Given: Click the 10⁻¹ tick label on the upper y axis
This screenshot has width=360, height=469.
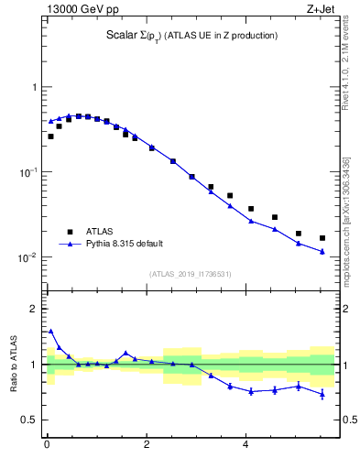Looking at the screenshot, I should click(28, 171).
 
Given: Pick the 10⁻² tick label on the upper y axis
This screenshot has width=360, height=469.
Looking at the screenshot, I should click(28, 256).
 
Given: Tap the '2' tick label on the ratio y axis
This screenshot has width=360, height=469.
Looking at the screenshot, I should click(33, 309).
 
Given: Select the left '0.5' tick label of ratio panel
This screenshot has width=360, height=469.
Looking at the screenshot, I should click(28, 420).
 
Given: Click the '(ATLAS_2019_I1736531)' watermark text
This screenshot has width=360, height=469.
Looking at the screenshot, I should click(191, 274).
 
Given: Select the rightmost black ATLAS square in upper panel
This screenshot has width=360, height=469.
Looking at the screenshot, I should click(322, 238).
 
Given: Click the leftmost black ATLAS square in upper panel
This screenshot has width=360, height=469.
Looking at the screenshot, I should click(50, 136).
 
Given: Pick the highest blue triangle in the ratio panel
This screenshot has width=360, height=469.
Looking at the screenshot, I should click(50, 332).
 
